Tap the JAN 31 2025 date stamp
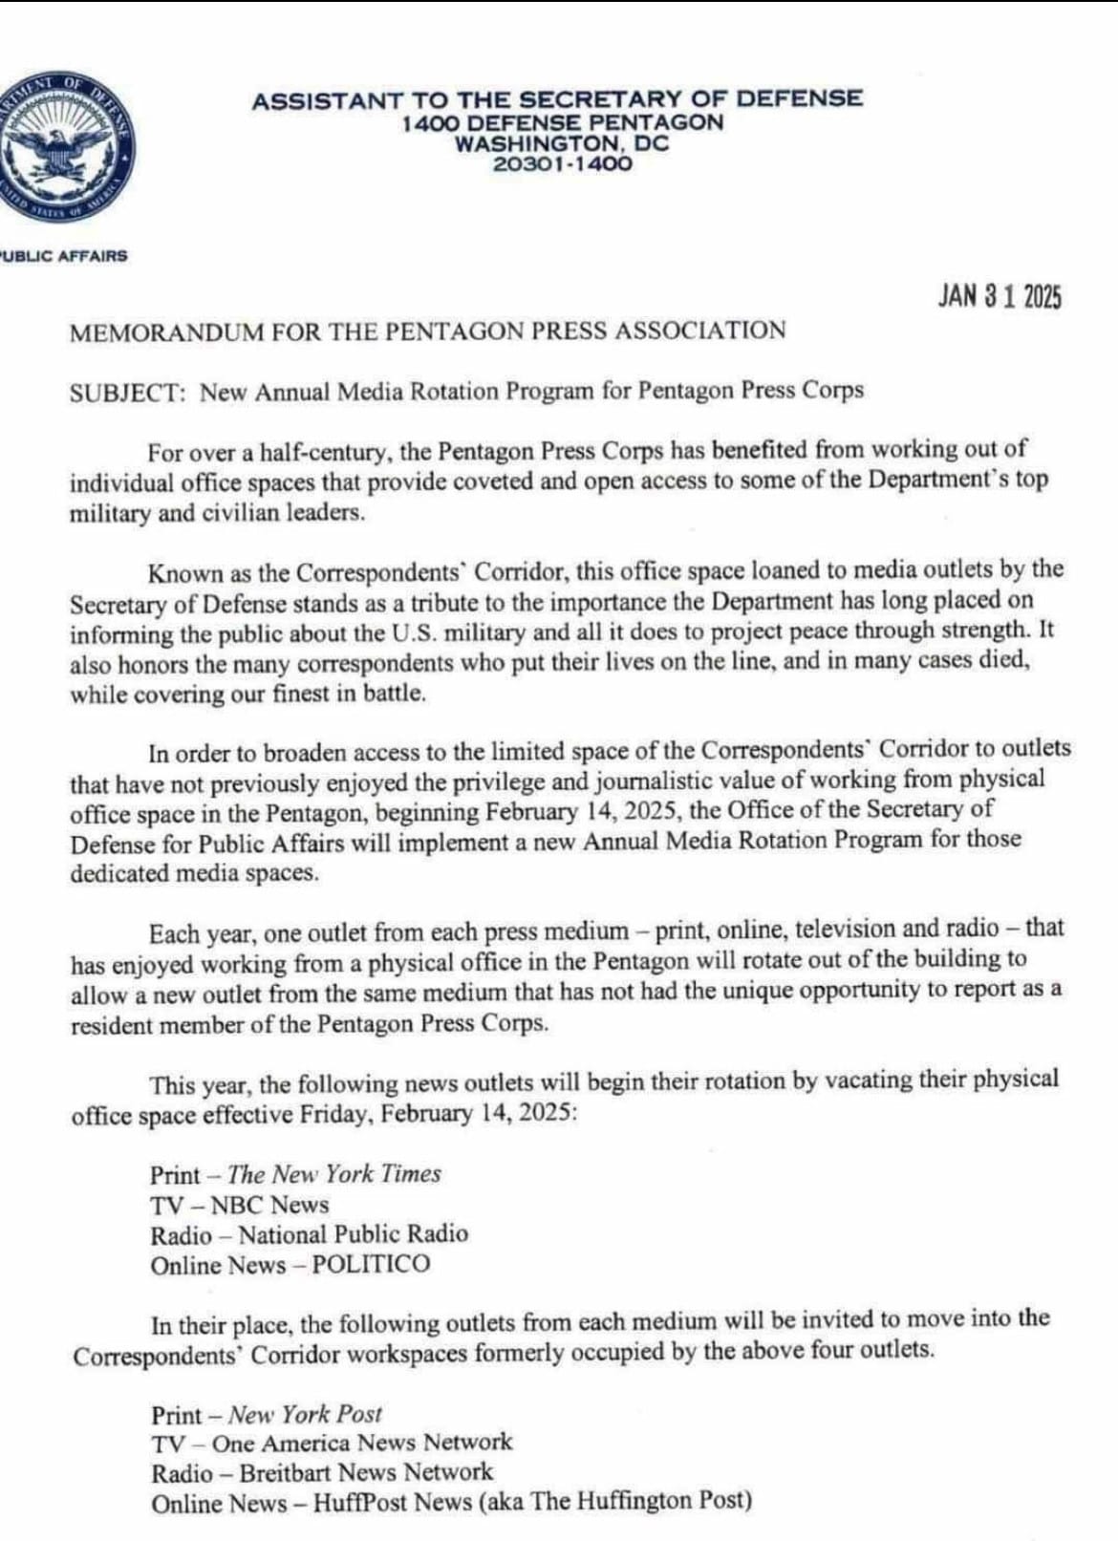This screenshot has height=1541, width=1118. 999,297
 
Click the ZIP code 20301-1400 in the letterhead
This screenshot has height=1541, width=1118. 562,163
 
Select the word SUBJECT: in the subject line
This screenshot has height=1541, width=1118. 128,393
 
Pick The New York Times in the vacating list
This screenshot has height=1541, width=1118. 334,1173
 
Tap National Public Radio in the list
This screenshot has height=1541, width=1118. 354,1234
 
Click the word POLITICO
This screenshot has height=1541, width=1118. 371,1264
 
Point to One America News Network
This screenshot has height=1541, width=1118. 362,1442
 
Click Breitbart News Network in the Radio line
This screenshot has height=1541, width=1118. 366,1472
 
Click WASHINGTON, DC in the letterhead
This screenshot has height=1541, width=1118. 562,143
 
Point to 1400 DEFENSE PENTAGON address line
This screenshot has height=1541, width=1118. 562,122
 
